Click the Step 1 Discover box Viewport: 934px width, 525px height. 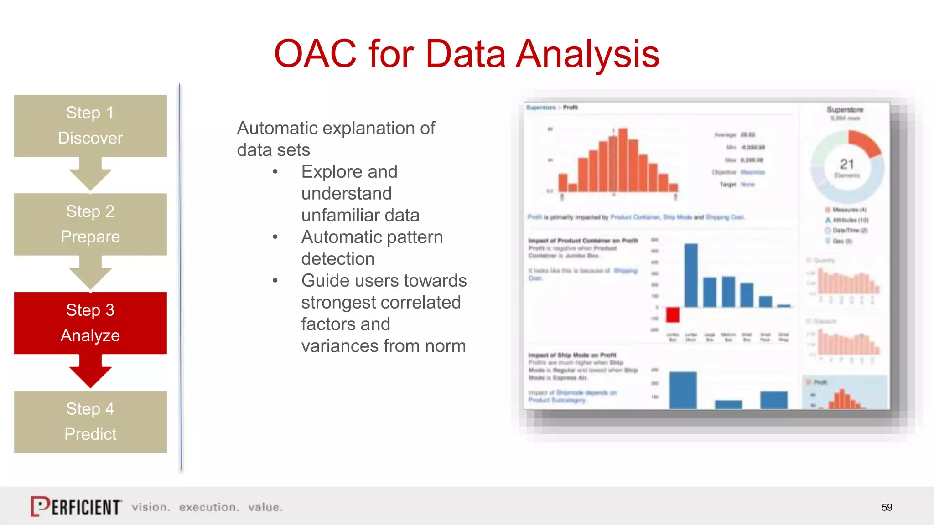[90, 125]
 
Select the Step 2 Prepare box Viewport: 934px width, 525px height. [90, 224]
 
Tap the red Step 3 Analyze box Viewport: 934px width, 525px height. [90, 323]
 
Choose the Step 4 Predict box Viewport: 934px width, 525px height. [90, 422]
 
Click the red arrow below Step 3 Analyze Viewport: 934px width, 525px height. [90, 371]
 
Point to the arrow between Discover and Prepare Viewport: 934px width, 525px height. [90, 175]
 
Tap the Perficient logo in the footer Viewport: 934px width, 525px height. [76, 506]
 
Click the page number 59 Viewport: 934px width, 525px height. [887, 507]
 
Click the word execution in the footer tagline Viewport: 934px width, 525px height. [209, 507]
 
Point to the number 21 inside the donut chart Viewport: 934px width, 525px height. [847, 164]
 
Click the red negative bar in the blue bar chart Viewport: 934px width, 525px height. [673, 315]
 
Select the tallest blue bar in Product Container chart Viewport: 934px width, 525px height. [691, 275]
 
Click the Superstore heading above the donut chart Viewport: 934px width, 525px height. [845, 110]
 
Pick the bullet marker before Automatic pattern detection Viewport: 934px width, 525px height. [275, 237]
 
